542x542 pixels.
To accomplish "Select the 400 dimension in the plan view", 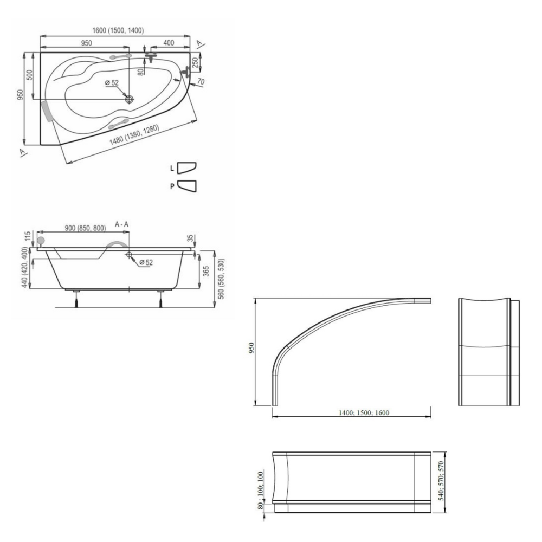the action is point(169,43).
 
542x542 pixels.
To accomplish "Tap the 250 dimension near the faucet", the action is point(195,63).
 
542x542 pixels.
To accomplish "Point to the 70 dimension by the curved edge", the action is point(201,82).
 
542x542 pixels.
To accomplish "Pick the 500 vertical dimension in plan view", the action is point(29,75).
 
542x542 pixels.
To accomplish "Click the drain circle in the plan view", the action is point(130,100).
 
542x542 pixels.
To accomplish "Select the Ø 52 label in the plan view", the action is point(112,83).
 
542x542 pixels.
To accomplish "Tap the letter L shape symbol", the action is point(186,168).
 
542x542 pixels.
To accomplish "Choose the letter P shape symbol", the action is point(186,186).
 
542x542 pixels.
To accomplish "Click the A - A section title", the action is point(121,224).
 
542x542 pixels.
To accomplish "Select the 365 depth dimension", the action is point(206,271).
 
